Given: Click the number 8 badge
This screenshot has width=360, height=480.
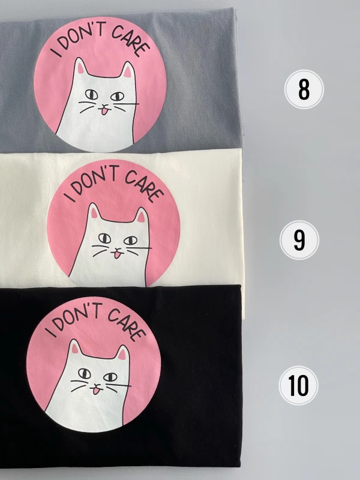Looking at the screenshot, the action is [x=304, y=89].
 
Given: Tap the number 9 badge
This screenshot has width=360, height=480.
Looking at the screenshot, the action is [x=299, y=240].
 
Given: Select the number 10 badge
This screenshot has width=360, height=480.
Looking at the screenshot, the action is [x=298, y=385].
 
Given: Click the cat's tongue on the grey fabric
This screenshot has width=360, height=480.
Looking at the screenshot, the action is [x=104, y=111].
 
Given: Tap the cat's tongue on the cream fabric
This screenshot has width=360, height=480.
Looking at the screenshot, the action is [x=118, y=254].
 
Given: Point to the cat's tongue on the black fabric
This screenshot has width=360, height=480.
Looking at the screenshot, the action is [x=97, y=391].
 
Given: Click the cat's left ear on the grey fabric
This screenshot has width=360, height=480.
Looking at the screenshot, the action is [x=80, y=67].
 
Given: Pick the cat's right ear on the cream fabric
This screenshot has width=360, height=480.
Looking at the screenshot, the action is [x=141, y=216].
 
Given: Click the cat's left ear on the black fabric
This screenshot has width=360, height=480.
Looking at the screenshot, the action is [x=74, y=347].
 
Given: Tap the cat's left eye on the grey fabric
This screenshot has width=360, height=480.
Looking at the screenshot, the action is [x=91, y=95].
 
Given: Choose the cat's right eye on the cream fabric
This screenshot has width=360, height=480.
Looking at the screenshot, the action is [x=131, y=240].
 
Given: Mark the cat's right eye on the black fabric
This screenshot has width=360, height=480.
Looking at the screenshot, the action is [x=110, y=377].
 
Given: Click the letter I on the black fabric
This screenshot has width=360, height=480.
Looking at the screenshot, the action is [x=50, y=332].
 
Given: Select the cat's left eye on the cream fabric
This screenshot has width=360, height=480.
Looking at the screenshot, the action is [x=104, y=238].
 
